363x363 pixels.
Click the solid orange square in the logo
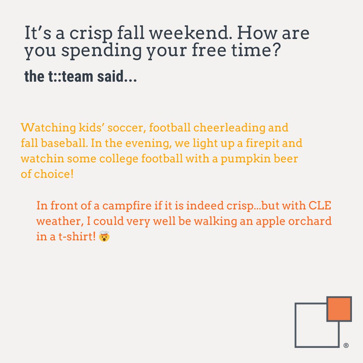(339, 309)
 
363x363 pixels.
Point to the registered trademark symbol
(346, 345)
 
